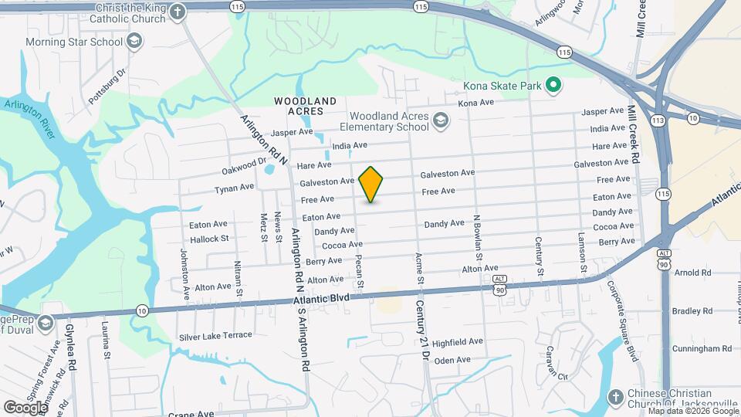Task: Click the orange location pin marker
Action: tap(371, 184)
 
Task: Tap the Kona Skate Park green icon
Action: tap(553, 85)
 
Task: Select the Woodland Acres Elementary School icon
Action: tap(440, 120)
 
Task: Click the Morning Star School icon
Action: tap(134, 41)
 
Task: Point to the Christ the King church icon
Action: tap(178, 12)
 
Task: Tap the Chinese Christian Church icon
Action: tap(614, 398)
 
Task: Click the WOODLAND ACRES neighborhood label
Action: tap(306, 106)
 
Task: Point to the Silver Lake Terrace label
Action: tap(215, 336)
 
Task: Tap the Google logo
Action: tap(25, 407)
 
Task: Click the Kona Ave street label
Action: tap(475, 103)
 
